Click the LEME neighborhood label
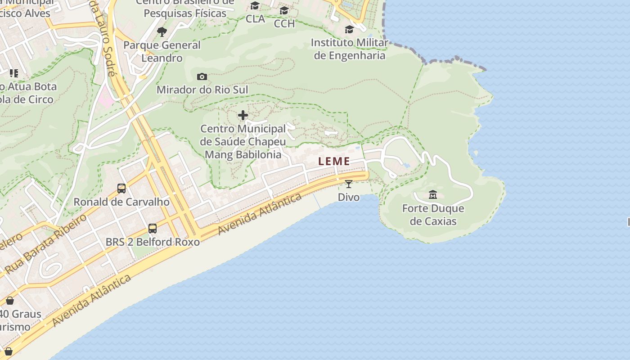tap(334, 161)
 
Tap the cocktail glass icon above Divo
tap(349, 184)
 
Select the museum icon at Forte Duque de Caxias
tap(433, 195)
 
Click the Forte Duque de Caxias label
tap(433, 215)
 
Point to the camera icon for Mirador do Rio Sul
tap(202, 77)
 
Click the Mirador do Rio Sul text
tap(202, 90)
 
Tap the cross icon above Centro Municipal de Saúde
tap(243, 116)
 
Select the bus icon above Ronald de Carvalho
tap(121, 189)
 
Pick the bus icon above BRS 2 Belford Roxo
tap(153, 229)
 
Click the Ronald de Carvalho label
tap(121, 202)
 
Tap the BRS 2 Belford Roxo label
tap(153, 242)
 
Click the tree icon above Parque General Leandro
tap(162, 32)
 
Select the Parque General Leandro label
tap(162, 51)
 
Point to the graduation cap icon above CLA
tap(255, 6)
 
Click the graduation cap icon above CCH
tap(284, 10)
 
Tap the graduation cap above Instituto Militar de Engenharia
tap(349, 30)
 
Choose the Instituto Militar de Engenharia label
tap(349, 49)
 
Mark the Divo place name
tap(349, 197)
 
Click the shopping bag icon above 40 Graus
tap(10, 301)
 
